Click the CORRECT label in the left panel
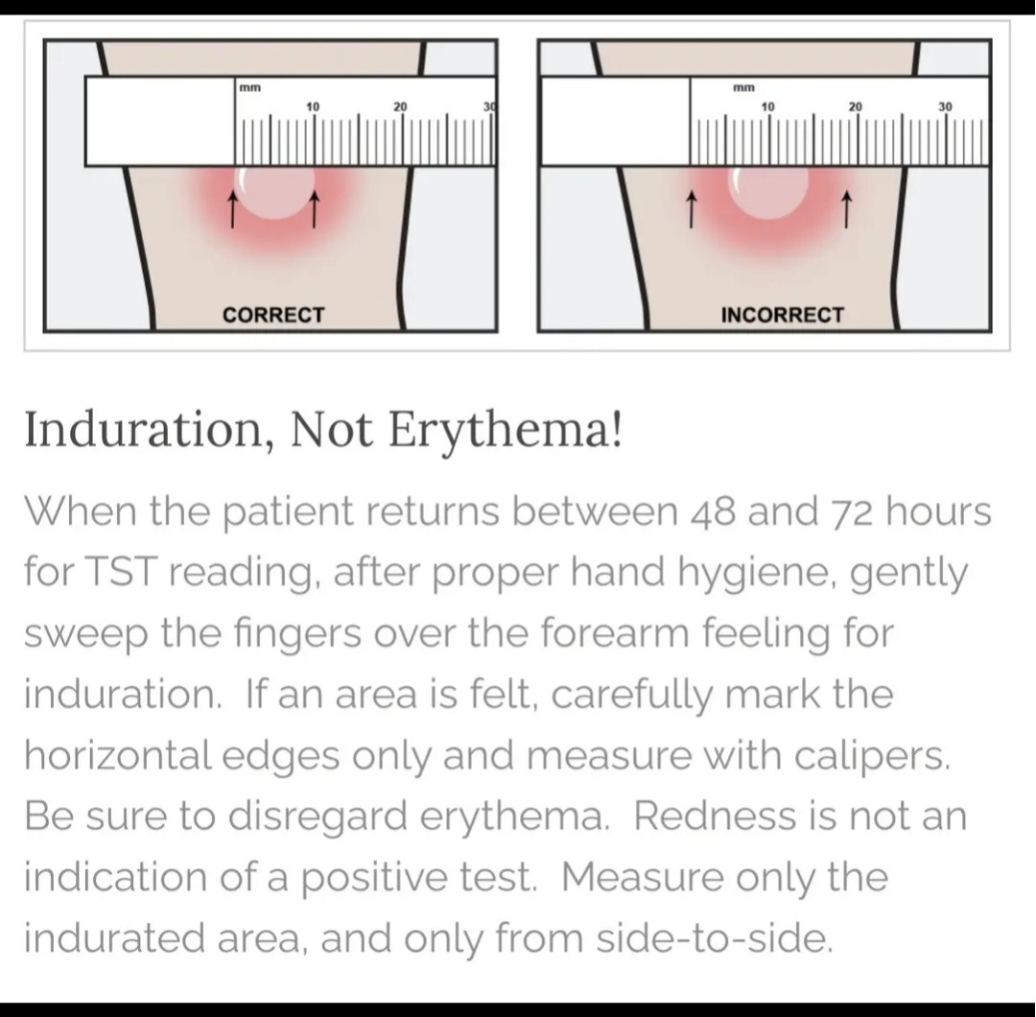click(273, 315)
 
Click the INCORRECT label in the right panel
click(783, 315)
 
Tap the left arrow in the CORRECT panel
click(232, 209)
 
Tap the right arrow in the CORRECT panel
click(315, 209)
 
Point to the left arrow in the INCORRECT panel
click(691, 209)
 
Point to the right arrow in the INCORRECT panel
click(846, 209)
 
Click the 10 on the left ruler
click(313, 106)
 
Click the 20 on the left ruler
click(400, 106)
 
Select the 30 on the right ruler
click(946, 106)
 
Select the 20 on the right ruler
click(856, 106)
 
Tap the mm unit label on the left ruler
click(249, 87)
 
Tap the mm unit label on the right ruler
click(743, 87)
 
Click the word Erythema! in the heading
click(505, 431)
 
